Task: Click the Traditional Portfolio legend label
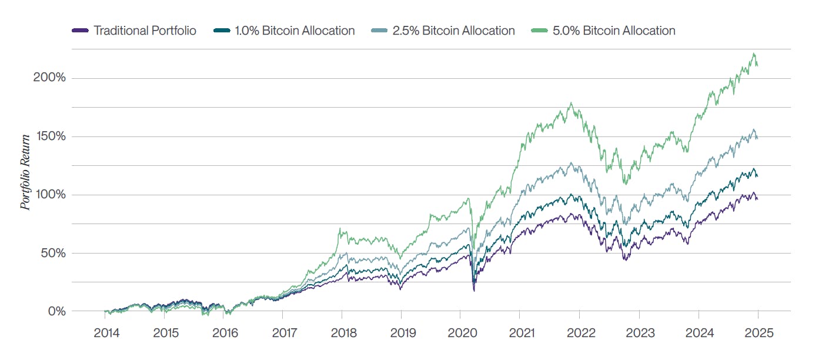click(145, 31)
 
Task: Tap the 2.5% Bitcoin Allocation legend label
click(453, 31)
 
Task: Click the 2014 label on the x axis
click(106, 333)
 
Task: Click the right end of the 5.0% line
click(757, 65)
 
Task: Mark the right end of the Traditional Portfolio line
click(757, 199)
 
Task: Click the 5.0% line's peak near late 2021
click(571, 104)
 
